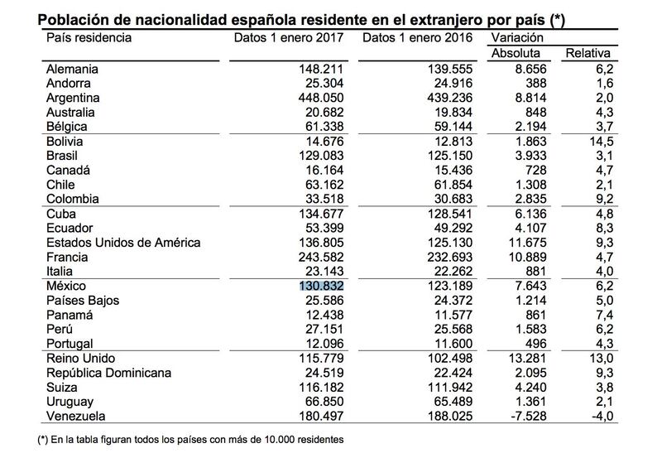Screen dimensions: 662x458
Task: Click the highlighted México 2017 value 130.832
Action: click(x=322, y=286)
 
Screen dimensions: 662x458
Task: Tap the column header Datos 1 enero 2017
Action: click(x=289, y=37)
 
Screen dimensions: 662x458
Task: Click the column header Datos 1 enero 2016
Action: click(x=418, y=37)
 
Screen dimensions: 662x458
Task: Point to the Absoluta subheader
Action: click(x=516, y=53)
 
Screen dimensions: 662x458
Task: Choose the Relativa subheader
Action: click(x=588, y=53)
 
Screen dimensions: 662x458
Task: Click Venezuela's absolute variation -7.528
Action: click(x=529, y=416)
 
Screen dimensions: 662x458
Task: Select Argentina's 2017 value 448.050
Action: click(x=321, y=98)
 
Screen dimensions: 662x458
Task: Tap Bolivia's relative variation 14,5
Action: click(x=602, y=142)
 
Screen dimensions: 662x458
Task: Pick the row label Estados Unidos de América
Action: click(x=123, y=243)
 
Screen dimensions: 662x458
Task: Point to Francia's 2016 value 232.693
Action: click(x=450, y=257)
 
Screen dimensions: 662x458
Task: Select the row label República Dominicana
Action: click(x=109, y=373)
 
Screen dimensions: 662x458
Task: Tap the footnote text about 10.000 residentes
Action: click(x=191, y=440)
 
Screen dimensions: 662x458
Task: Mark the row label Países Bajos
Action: click(x=83, y=301)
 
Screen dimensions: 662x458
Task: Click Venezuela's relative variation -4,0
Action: click(x=602, y=416)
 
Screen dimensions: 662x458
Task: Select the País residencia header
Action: click(x=89, y=37)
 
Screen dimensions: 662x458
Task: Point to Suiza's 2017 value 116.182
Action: click(x=322, y=388)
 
